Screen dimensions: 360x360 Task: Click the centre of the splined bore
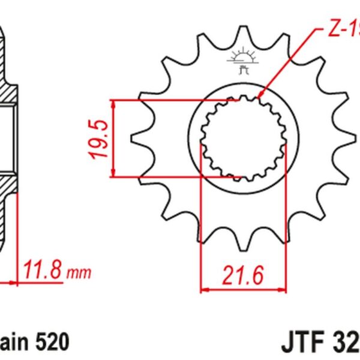pos(242,137)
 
